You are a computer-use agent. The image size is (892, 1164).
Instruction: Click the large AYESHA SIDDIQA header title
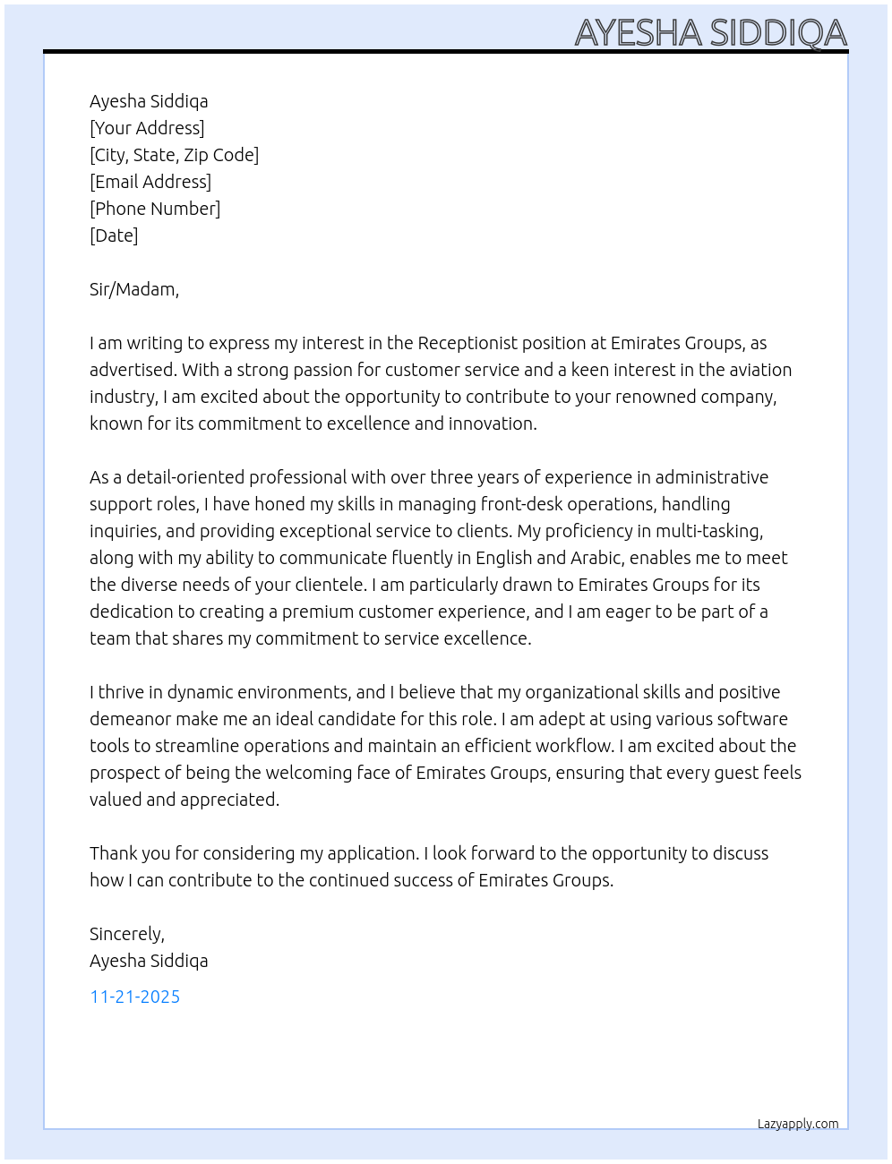coord(710,32)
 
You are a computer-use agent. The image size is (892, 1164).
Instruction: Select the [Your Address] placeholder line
coord(147,128)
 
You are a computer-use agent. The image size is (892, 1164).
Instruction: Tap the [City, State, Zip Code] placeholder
coord(174,155)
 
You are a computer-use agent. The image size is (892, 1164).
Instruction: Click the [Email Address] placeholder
coord(150,182)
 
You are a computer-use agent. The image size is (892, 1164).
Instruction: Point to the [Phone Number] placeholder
coord(155,209)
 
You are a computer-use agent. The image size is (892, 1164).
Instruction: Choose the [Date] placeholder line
coord(114,235)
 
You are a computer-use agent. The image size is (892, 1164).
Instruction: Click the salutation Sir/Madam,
coord(134,289)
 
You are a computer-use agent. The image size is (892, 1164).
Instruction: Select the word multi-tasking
coord(708,531)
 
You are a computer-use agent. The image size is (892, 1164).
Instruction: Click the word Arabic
coord(596,558)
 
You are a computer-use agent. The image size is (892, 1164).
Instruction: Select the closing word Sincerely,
coord(127,934)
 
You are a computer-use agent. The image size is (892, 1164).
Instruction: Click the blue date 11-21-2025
coord(135,997)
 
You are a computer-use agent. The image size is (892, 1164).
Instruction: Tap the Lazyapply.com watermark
coord(798,1124)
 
